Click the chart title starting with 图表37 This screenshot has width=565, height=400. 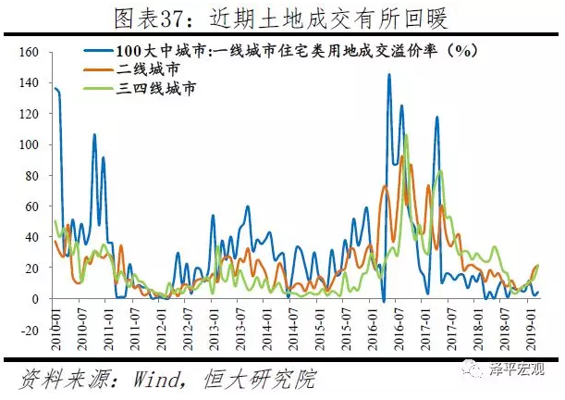tap(281, 18)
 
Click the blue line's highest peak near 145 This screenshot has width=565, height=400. tap(388, 75)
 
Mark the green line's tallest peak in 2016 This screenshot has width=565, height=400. tap(406, 135)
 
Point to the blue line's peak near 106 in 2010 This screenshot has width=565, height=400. tap(94, 135)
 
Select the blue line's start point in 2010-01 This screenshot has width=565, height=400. tap(55, 89)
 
